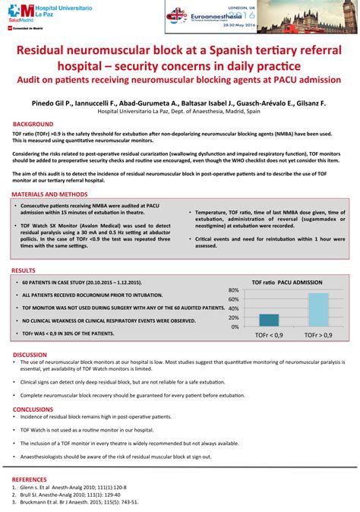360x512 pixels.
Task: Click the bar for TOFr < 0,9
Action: click(x=268, y=320)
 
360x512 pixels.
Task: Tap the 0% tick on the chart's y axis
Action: click(x=235, y=326)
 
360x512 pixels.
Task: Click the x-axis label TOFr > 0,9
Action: click(x=317, y=334)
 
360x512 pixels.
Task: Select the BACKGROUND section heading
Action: click(x=33, y=123)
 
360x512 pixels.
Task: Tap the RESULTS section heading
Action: click(x=24, y=270)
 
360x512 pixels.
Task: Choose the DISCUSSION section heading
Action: click(x=30, y=355)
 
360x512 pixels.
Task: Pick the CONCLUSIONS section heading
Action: click(x=33, y=409)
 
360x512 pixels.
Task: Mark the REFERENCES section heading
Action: click(x=30, y=479)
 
